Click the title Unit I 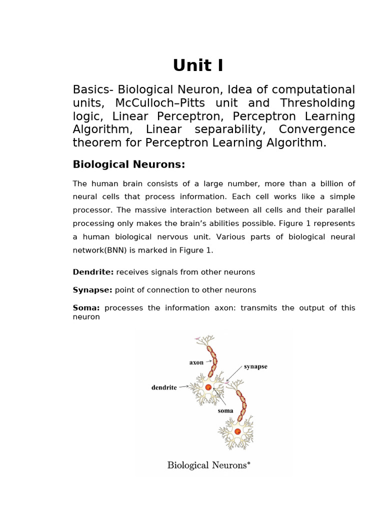pos(198,65)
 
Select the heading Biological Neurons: pos(129,164)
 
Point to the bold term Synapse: pos(93,290)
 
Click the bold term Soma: pos(86,308)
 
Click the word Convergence pos(316,129)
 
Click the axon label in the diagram pos(196,362)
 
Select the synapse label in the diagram pos(255,366)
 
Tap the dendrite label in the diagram pos(164,387)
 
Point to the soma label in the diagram pos(225,410)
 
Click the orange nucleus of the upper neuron pos(208,387)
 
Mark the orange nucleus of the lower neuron pos(237,431)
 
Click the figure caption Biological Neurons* pos(208,465)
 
